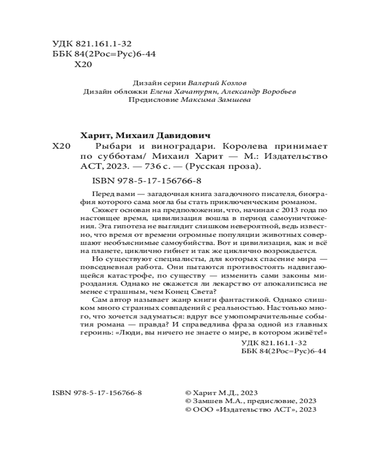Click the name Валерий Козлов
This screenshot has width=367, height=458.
click(x=218, y=83)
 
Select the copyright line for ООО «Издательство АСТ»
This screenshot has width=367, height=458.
click(x=250, y=409)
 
